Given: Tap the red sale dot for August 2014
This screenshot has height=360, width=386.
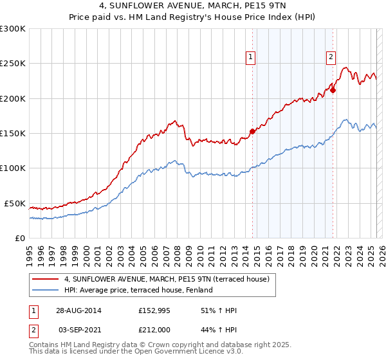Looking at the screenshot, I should pos(252,131).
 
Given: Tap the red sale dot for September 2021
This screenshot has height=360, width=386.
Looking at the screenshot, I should pos(333,90).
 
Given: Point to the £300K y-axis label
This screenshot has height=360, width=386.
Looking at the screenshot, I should pos(13,29).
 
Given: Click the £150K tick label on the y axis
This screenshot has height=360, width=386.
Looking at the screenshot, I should pos(13,133).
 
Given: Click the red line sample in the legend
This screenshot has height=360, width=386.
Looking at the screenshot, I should pos(45,279).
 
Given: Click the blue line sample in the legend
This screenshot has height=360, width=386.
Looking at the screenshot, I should pos(45,290).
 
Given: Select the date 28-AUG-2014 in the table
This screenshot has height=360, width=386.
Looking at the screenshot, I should pos(78,310).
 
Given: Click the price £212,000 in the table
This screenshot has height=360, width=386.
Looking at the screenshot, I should pos(154,328).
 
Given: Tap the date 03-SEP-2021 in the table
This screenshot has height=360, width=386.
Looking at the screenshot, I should pos(78,328).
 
